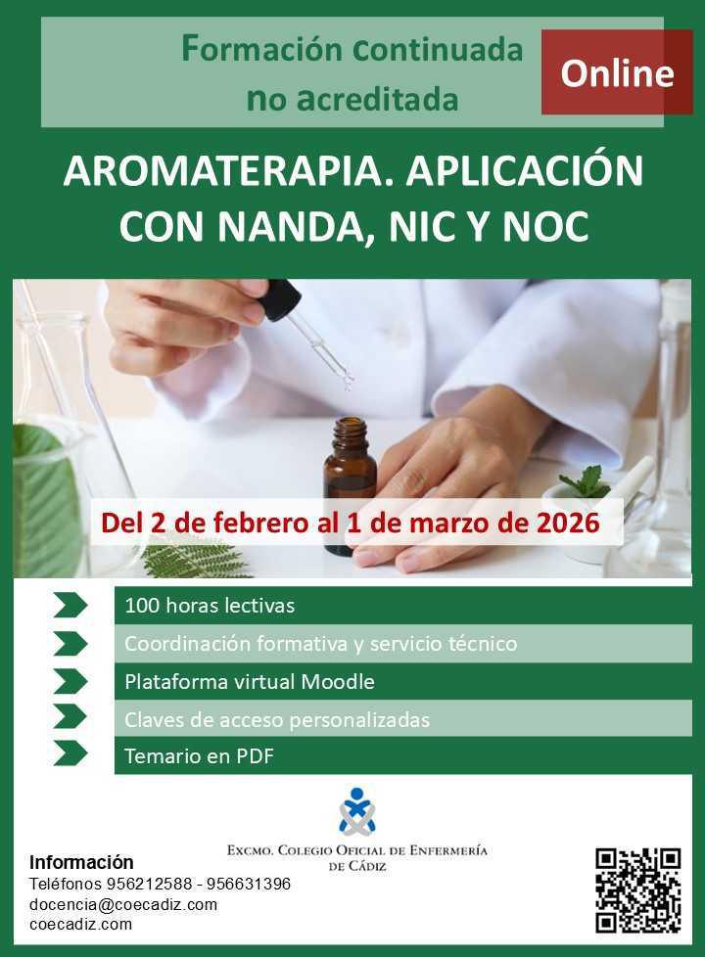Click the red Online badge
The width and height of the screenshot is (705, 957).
617,73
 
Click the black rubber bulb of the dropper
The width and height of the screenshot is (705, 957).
281,299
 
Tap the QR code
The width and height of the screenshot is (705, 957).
637,889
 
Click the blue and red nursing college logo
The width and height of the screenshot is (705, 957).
356,812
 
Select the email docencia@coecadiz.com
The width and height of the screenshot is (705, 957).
123,904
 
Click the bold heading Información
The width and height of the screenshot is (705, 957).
81,862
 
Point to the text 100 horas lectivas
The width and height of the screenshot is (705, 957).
210,606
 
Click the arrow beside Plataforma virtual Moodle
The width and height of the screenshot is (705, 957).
70,681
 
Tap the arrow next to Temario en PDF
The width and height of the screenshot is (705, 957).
70,754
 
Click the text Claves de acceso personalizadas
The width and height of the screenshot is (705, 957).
277,720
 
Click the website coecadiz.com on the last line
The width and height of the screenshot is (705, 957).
80,924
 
